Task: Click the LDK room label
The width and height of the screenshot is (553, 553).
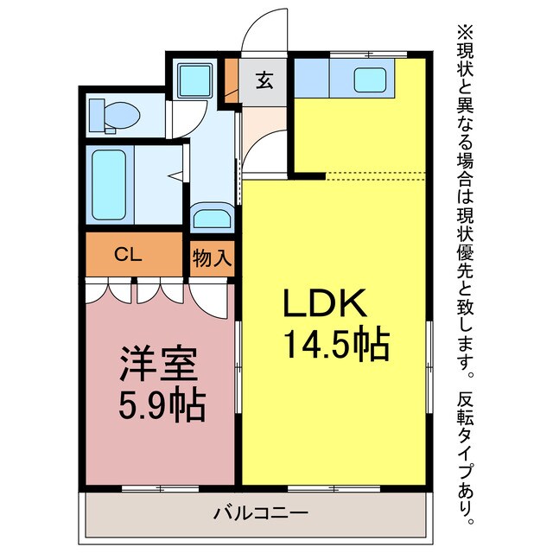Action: click(326, 305)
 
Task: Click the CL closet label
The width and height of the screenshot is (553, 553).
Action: click(128, 256)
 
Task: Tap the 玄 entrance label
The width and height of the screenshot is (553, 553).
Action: click(264, 82)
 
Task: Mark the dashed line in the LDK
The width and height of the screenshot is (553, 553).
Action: click(376, 175)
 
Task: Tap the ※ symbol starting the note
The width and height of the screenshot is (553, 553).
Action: click(467, 32)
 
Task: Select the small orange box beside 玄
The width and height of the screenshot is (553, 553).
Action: click(232, 80)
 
